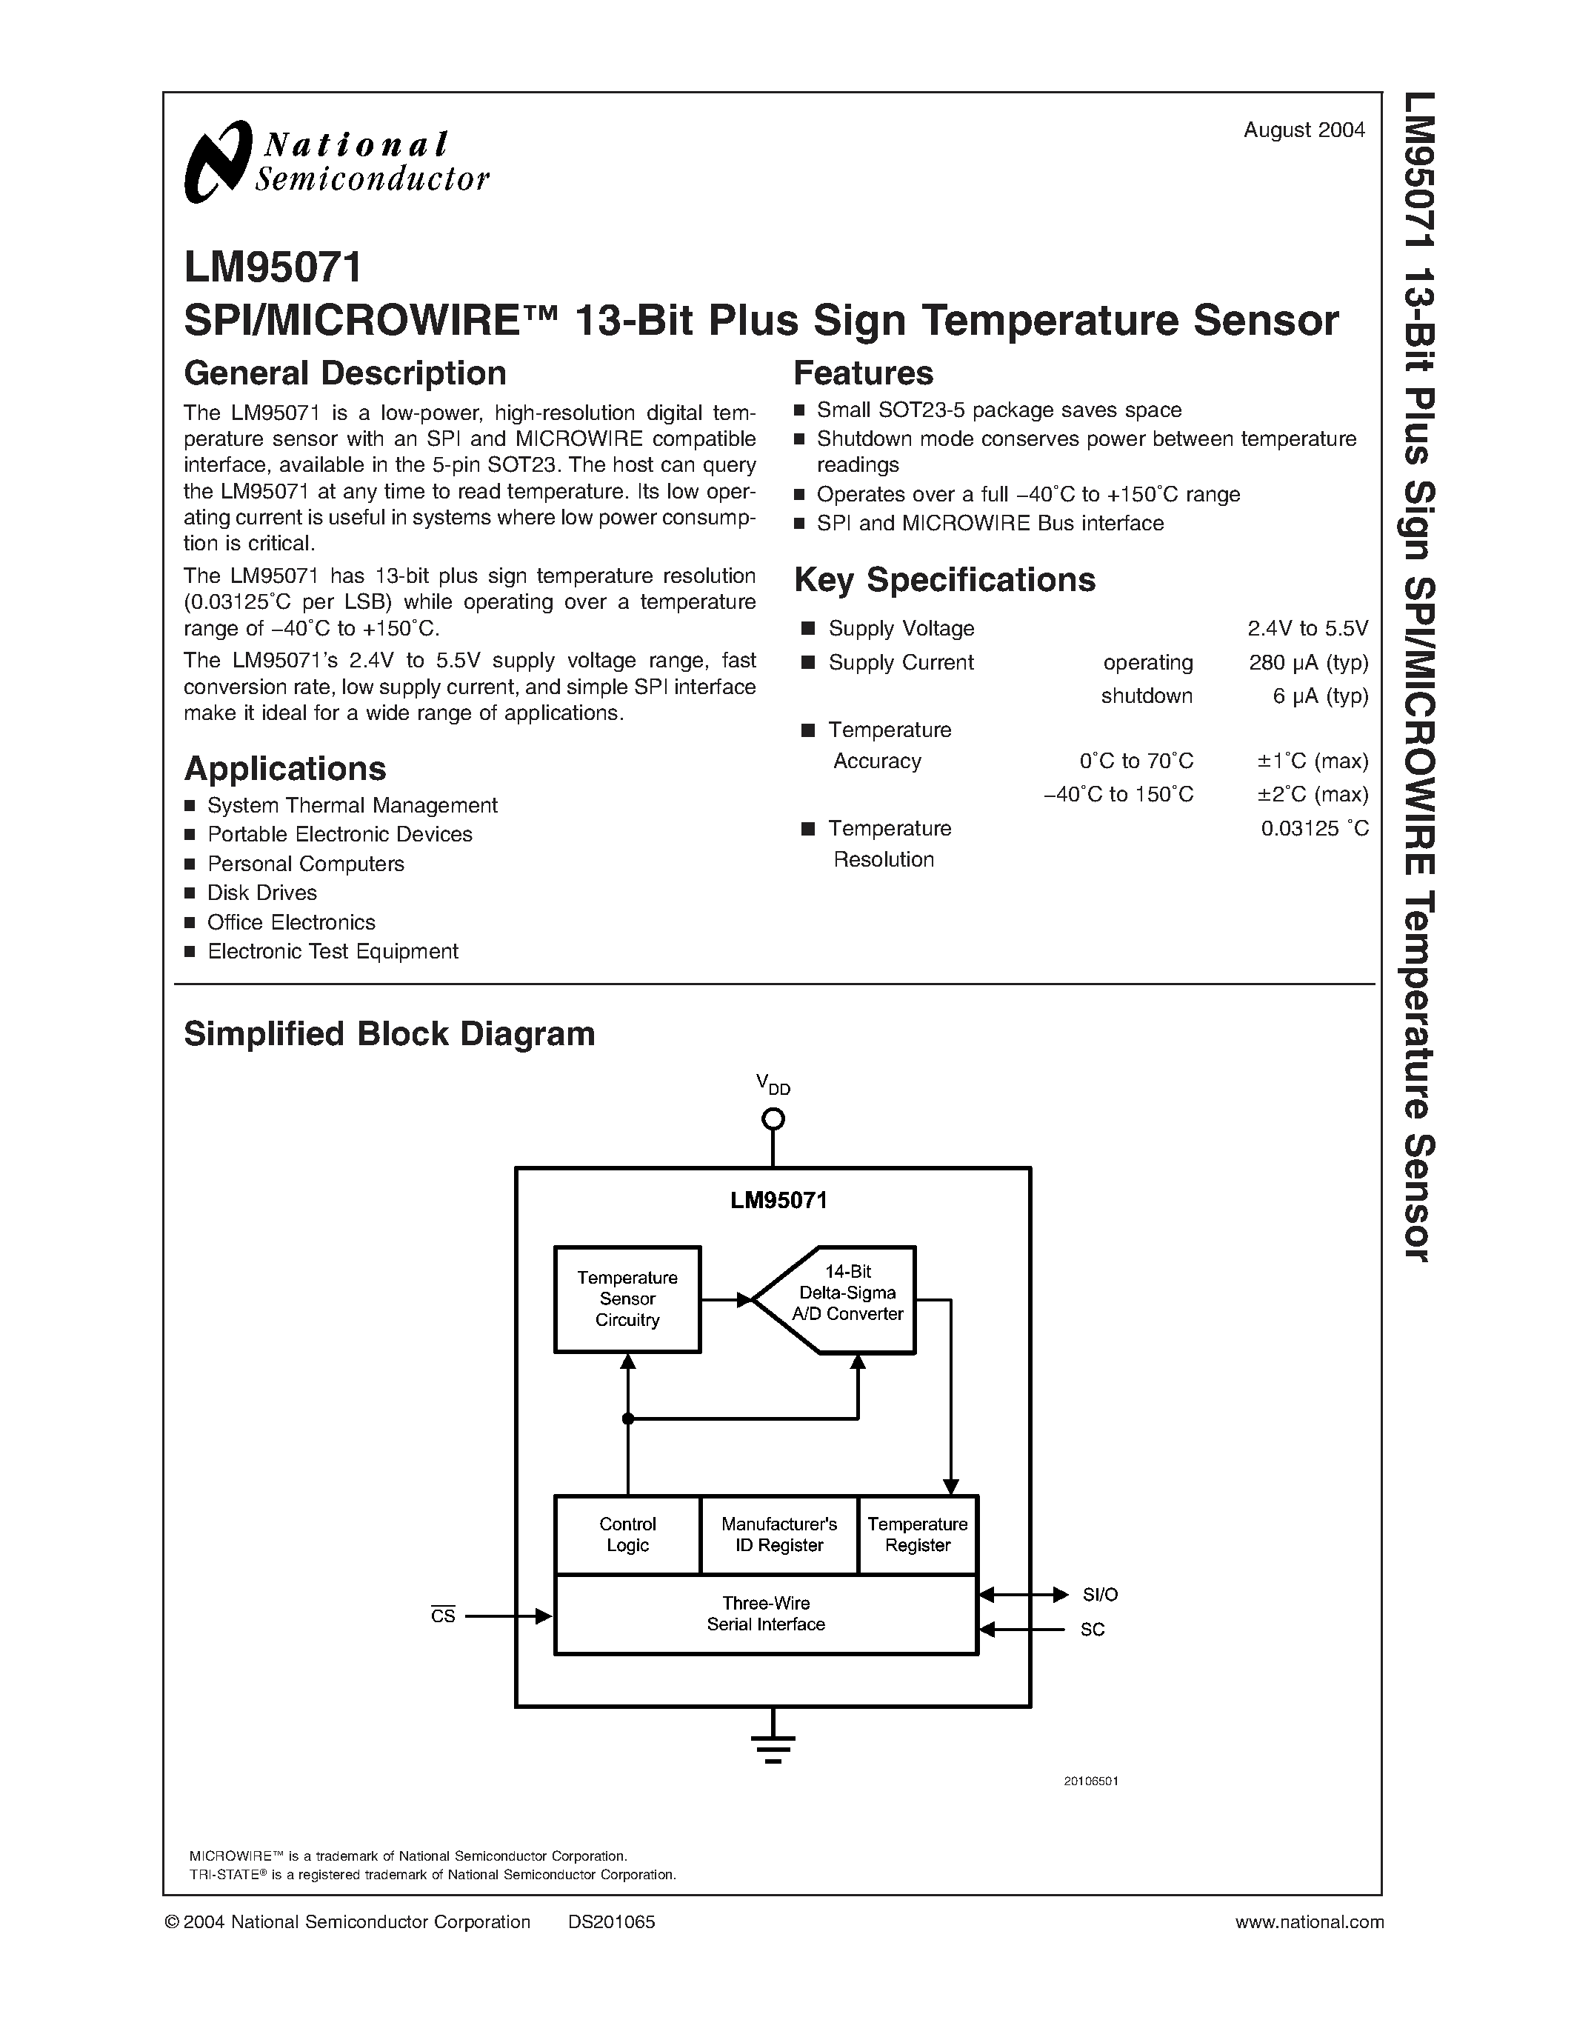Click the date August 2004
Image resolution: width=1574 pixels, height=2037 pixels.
(x=1304, y=130)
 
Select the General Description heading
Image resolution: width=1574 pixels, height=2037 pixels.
(x=345, y=373)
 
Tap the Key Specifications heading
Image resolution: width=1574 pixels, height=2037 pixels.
(x=944, y=580)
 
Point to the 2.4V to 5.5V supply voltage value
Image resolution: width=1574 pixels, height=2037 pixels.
(x=1307, y=629)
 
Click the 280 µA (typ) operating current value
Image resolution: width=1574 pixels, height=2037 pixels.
(x=1308, y=662)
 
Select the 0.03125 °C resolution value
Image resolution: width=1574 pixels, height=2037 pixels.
(x=1314, y=828)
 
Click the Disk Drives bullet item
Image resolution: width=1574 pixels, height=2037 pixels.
(x=262, y=893)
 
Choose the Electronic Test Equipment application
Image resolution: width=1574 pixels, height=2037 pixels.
(x=333, y=951)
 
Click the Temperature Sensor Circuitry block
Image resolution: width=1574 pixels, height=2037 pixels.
(x=627, y=1298)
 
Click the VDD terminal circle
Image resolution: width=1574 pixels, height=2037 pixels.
(x=773, y=1118)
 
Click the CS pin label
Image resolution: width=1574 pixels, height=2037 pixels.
(x=443, y=1616)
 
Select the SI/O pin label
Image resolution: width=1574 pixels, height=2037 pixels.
(x=1099, y=1595)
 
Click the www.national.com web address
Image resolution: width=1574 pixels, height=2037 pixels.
(x=1308, y=1922)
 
